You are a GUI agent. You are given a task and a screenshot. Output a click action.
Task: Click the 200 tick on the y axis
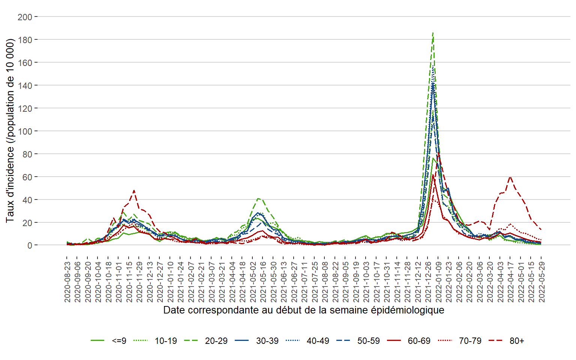click(x=25, y=17)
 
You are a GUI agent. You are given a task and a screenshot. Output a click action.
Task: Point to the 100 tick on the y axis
click(x=25, y=131)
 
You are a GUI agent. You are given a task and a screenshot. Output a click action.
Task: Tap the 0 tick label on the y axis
click(x=30, y=246)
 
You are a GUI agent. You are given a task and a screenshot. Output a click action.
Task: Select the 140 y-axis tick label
click(x=25, y=85)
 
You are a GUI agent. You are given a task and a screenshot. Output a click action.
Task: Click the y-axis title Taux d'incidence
click(x=10, y=130)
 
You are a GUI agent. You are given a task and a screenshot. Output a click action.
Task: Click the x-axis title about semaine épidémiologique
click(x=304, y=310)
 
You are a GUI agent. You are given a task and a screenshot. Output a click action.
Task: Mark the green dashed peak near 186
click(x=433, y=33)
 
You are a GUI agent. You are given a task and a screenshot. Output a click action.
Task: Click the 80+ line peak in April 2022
click(x=510, y=177)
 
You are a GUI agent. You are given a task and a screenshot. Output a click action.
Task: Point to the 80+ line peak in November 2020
click(x=134, y=190)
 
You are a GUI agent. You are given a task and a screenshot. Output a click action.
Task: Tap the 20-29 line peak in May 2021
click(x=258, y=198)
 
